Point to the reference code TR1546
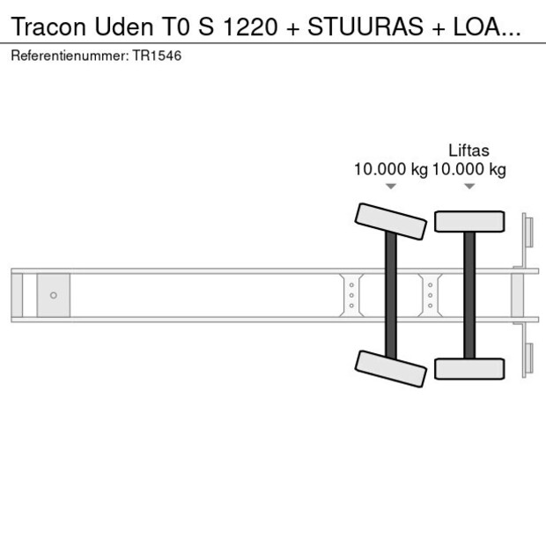[158, 55]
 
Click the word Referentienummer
[68, 55]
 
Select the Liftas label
[469, 151]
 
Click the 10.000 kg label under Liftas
[469, 170]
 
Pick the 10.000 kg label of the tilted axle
[390, 170]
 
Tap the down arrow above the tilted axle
[391, 187]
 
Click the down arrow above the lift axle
[469, 187]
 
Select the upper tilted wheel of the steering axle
[390, 220]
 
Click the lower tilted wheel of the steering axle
[390, 368]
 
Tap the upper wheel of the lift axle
[469, 221]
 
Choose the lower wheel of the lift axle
[469, 368]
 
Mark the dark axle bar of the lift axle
[469, 294]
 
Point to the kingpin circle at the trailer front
[54, 295]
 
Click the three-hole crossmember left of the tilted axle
[351, 295]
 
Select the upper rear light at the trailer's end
[528, 233]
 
